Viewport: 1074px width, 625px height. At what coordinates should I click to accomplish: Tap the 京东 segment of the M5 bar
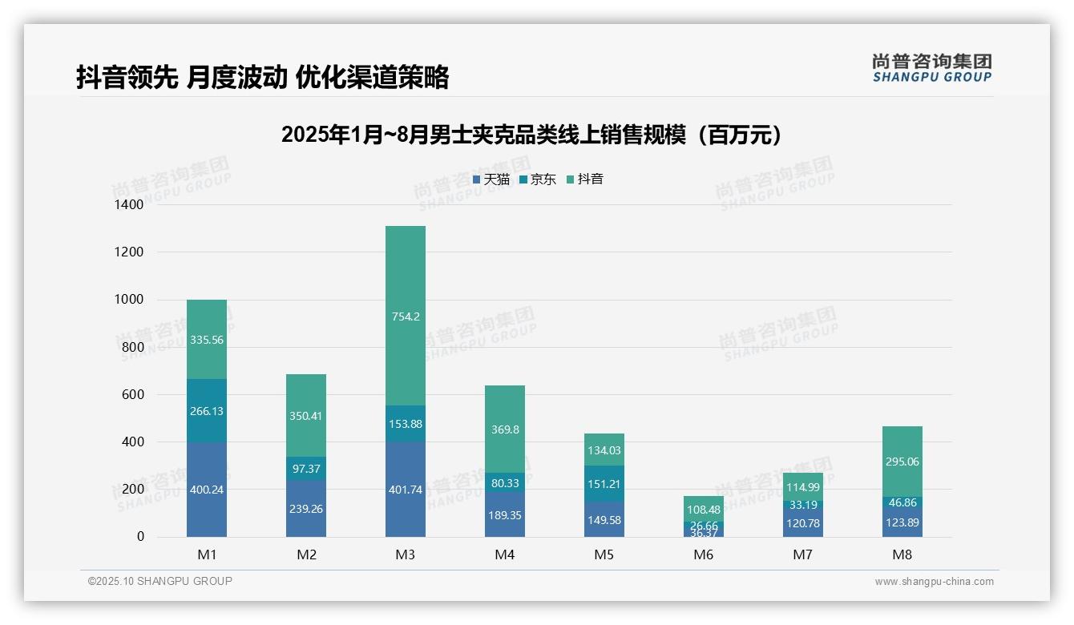[604, 483]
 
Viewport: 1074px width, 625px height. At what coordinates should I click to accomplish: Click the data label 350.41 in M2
[305, 416]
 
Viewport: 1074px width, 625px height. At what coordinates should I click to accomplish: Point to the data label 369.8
[504, 429]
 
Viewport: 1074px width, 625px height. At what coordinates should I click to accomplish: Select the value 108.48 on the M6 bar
[703, 510]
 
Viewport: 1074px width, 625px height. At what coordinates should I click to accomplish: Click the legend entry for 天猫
[491, 179]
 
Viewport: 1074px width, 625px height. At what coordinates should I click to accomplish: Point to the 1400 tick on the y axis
[128, 205]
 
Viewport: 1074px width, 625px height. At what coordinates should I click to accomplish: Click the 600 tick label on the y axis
[131, 394]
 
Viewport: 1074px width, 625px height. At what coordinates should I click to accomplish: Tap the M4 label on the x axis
[504, 554]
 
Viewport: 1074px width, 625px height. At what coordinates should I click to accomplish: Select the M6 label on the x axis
[703, 554]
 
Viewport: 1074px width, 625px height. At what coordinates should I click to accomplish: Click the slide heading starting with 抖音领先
[262, 77]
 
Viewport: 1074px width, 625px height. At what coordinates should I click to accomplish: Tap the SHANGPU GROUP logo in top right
[931, 67]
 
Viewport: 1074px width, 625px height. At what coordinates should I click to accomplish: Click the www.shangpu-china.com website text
[934, 582]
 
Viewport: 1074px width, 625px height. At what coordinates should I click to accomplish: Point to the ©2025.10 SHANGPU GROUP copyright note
[159, 581]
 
